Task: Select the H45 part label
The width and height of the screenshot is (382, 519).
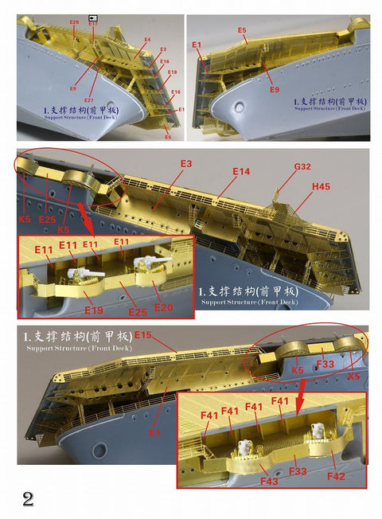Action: point(321,186)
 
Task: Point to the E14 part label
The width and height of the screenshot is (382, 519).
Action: point(241,171)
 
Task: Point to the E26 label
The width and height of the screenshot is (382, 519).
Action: point(74,23)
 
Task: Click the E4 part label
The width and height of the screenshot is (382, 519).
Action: point(147,39)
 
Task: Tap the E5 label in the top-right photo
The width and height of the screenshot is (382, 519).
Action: point(242,30)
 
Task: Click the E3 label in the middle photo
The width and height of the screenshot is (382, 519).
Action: point(185,163)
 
